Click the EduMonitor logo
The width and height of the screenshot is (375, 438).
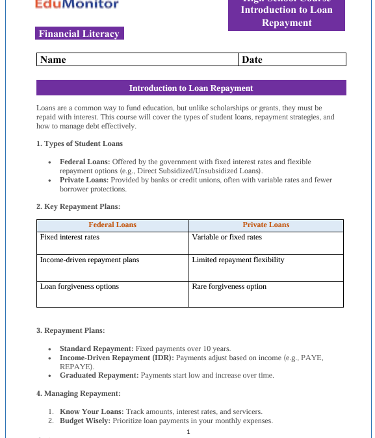click(77, 5)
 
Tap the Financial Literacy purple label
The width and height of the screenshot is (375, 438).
click(79, 34)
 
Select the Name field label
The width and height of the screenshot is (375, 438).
click(53, 60)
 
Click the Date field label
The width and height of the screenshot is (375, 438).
click(252, 60)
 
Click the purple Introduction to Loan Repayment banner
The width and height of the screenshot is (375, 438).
click(191, 88)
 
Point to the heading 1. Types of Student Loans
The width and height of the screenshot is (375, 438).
click(79, 143)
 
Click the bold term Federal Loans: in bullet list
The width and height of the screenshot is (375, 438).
click(85, 162)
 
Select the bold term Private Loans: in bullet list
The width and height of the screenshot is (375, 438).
click(84, 180)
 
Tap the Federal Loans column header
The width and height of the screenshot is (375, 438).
click(112, 225)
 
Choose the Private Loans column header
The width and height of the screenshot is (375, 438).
click(266, 225)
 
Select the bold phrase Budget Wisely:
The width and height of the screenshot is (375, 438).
click(85, 420)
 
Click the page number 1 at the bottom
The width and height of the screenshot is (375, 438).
click(188, 432)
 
